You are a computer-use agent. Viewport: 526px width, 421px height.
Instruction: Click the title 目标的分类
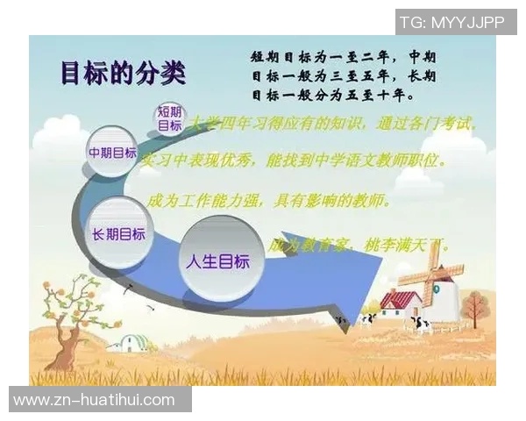point(123,74)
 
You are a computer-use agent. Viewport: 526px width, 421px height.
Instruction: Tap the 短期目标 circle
point(169,118)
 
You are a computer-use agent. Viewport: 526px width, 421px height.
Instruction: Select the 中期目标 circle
point(112,153)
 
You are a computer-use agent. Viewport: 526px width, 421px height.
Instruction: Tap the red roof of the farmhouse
point(401,300)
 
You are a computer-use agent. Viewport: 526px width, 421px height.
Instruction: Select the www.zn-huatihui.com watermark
point(95,400)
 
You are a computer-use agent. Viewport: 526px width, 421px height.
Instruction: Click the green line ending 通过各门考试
point(338,125)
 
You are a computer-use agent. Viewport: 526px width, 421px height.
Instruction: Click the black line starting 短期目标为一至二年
point(343,55)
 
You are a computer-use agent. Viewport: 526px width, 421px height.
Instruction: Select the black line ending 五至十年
point(333,94)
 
